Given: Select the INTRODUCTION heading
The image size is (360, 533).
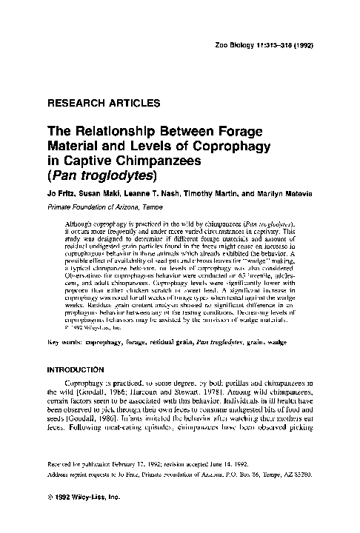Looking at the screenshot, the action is click(x=81, y=372).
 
